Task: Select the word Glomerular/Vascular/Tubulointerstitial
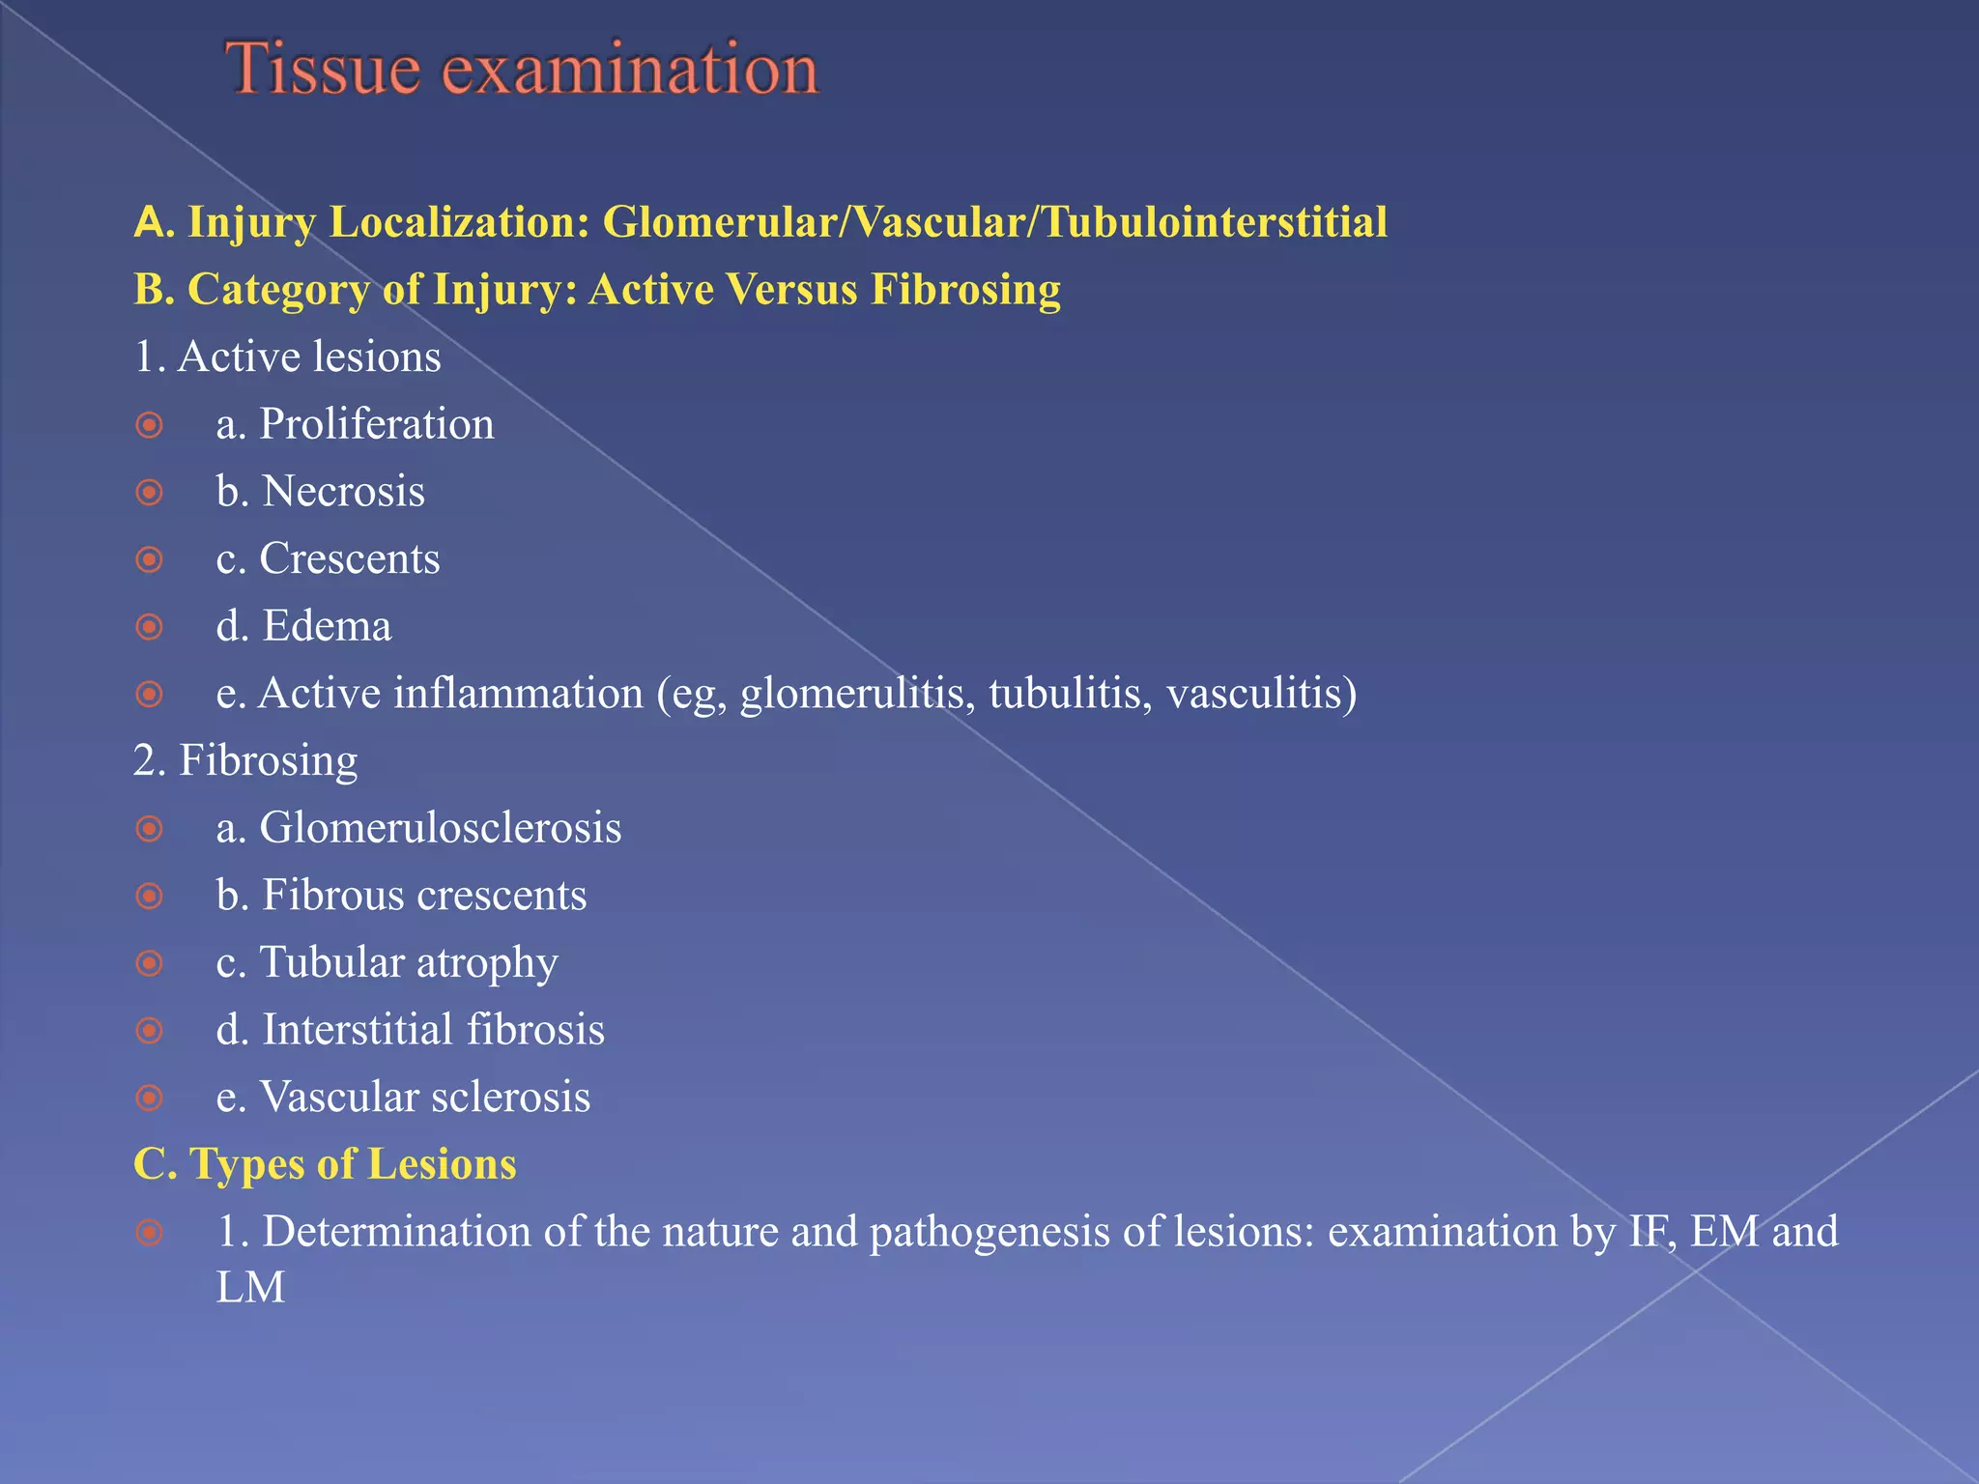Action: click(994, 222)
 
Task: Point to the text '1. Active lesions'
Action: click(287, 357)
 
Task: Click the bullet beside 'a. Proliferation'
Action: click(149, 425)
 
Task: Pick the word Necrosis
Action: click(343, 492)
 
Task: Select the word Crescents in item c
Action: click(349, 558)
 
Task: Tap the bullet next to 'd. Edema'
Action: click(149, 627)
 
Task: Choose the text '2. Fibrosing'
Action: click(245, 760)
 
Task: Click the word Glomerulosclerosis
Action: click(440, 828)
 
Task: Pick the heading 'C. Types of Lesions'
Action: click(325, 1164)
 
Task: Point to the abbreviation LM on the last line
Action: click(250, 1288)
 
